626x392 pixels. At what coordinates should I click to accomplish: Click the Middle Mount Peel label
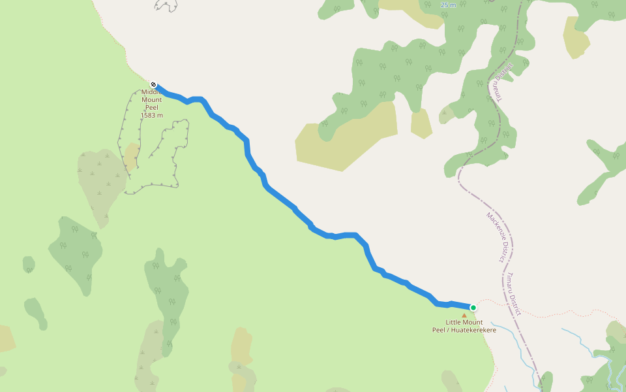[x=152, y=100]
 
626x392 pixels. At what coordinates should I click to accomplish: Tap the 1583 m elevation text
[x=151, y=116]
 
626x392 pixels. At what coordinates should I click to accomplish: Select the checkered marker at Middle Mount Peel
[x=153, y=84]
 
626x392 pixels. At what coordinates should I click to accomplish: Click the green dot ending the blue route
[x=473, y=308]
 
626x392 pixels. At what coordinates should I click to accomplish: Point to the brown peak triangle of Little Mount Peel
[x=464, y=316]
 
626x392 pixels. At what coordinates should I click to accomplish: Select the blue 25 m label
[x=448, y=5]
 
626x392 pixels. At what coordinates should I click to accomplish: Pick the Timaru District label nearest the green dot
[x=511, y=294]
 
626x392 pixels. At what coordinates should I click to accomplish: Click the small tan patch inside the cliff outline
[x=132, y=155]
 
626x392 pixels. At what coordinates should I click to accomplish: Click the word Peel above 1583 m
[x=152, y=108]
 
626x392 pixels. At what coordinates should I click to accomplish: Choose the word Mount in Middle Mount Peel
[x=152, y=100]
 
